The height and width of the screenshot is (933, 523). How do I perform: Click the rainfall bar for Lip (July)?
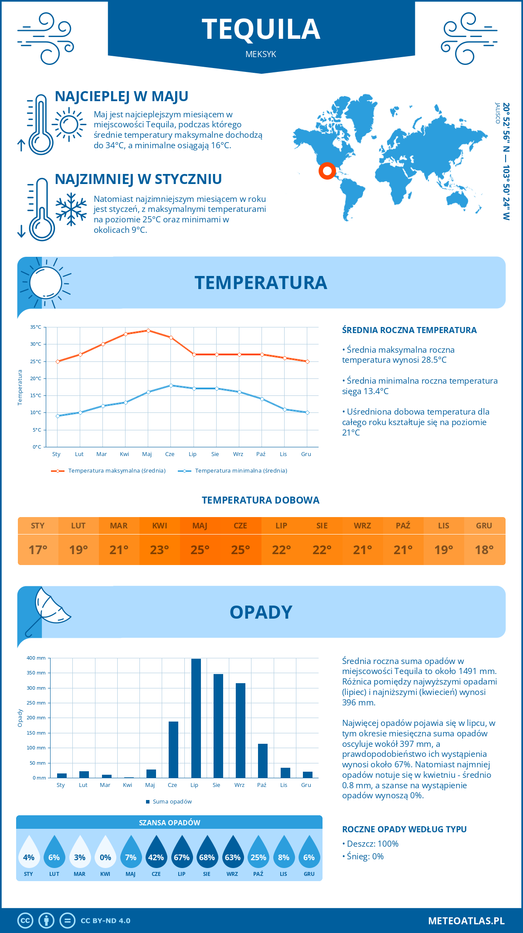(196, 718)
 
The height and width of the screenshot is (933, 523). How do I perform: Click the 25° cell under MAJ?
(200, 550)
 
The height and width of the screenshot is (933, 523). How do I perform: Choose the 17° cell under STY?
(38, 550)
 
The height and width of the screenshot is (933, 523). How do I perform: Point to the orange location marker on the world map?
(327, 170)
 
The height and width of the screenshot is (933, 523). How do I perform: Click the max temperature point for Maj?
(148, 330)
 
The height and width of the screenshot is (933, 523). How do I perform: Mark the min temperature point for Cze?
(171, 385)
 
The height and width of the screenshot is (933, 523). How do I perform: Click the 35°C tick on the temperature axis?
(36, 327)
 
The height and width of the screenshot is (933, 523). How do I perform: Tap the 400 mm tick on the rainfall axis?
(36, 658)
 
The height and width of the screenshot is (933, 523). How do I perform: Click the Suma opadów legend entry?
(172, 802)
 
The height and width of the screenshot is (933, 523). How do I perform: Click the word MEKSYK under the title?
(261, 54)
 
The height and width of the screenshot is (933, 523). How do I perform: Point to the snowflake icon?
(71, 209)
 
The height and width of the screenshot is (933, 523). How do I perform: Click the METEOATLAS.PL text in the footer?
(466, 921)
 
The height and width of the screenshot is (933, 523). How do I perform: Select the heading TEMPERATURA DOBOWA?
(261, 500)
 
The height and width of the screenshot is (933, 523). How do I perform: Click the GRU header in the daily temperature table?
(484, 526)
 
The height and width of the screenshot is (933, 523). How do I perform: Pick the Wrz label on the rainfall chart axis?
(239, 785)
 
